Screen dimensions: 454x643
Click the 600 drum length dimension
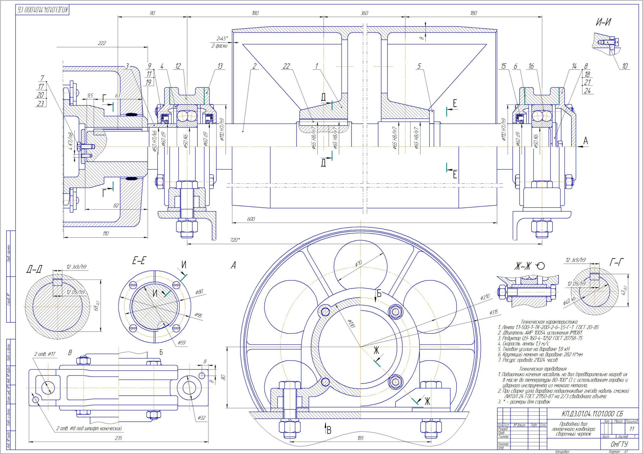(x=251, y=219)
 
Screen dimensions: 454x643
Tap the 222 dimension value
(x=102, y=43)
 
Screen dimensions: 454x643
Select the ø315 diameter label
(x=494, y=312)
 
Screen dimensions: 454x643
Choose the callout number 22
(x=286, y=66)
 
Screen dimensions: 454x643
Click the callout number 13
(x=220, y=66)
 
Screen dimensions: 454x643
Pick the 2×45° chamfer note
(x=222, y=38)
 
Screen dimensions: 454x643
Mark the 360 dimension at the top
(x=364, y=13)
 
